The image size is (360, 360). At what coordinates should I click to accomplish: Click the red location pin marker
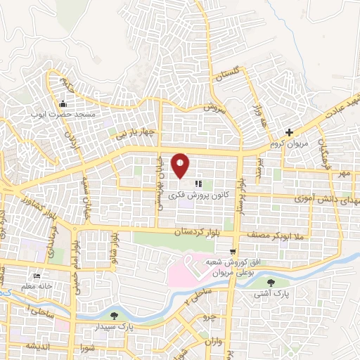pos(181,165)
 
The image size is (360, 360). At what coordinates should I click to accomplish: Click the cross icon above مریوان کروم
pos(289,132)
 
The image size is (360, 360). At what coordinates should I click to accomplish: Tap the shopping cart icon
pos(233,250)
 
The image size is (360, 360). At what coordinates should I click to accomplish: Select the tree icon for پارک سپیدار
pos(115,316)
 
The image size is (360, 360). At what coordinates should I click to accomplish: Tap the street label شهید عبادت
pos(335,107)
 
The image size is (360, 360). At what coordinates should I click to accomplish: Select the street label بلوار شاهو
pos(112,247)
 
